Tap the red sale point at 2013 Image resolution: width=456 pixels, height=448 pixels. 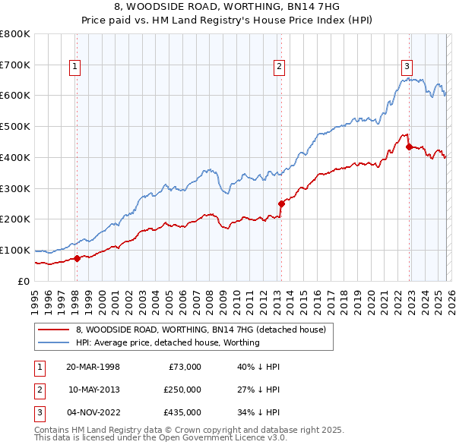tap(281, 203)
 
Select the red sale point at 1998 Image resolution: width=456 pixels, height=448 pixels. tap(77, 258)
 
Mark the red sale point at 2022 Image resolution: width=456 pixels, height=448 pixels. tap(409, 146)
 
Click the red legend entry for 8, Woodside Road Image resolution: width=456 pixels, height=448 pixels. tap(201, 330)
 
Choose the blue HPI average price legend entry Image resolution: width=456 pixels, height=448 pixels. tap(167, 342)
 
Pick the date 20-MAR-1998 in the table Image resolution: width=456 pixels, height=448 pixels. tap(93, 367)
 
